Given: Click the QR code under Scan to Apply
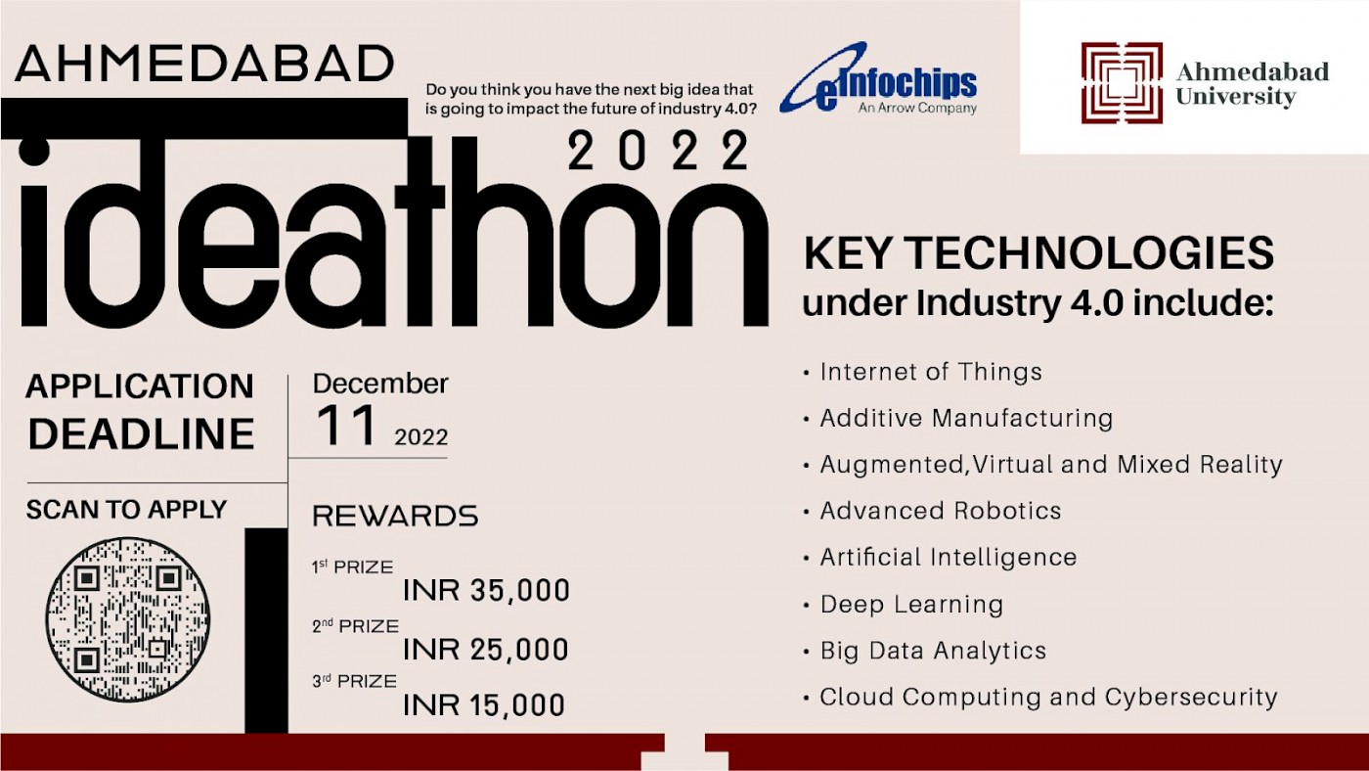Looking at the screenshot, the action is pyautogui.click(x=128, y=619).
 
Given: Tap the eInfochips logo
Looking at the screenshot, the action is pyautogui.click(x=878, y=77).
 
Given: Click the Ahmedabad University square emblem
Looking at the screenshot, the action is pyautogui.click(x=1122, y=82).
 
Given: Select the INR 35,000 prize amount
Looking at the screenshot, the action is pyautogui.click(x=486, y=591).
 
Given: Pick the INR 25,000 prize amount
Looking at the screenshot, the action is pyautogui.click(x=486, y=650).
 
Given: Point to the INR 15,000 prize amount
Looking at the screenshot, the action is pyautogui.click(x=484, y=705).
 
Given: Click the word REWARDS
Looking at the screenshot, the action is pyautogui.click(x=395, y=516).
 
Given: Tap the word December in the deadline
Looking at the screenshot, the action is pyautogui.click(x=380, y=384).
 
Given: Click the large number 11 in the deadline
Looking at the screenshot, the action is pyautogui.click(x=346, y=426).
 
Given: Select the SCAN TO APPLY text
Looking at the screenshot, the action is pyautogui.click(x=126, y=510).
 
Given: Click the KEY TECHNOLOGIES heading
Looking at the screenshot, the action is pyautogui.click(x=1038, y=253).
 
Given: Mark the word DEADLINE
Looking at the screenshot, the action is pyautogui.click(x=141, y=434).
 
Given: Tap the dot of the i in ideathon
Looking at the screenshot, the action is pyautogui.click(x=34, y=151).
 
